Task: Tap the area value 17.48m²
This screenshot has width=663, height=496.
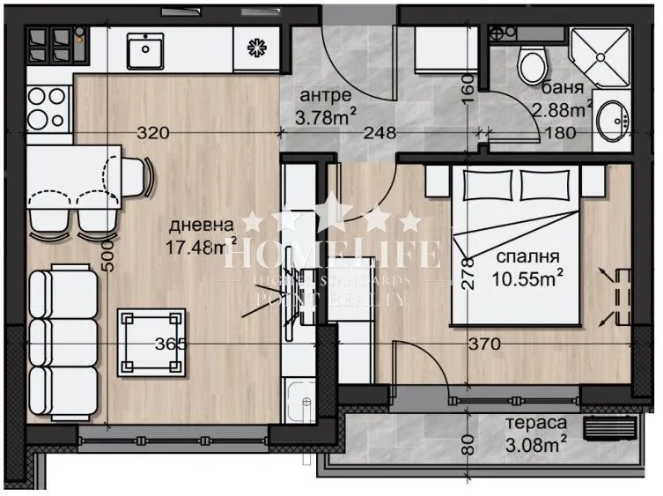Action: pos(202,246)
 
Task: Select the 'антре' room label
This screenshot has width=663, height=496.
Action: pos(326,94)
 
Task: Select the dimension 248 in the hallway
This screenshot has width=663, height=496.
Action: pos(379,134)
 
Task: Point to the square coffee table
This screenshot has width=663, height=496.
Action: pos(151,341)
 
